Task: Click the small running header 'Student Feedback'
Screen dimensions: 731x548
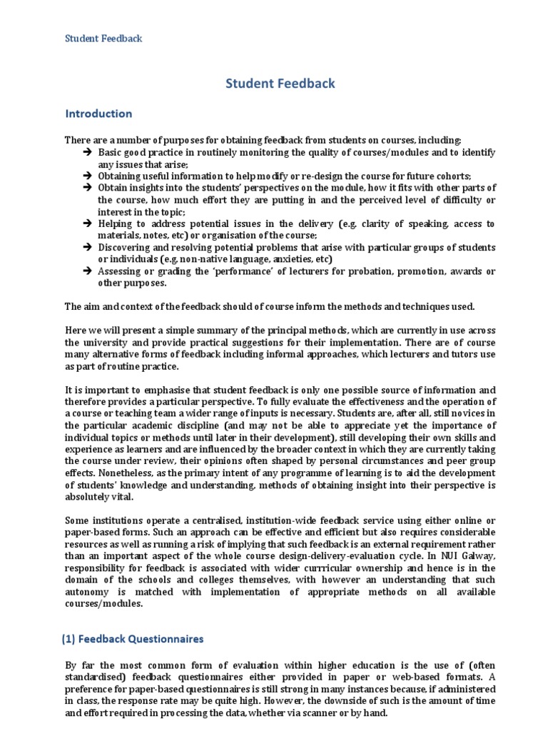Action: (104, 39)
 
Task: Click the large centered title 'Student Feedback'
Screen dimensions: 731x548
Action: (280, 84)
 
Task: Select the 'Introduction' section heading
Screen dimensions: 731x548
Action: (98, 114)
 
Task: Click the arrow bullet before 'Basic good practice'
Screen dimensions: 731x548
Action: (86, 153)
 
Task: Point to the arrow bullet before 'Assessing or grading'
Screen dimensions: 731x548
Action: (86, 271)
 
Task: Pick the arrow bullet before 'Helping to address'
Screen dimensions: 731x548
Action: (86, 223)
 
